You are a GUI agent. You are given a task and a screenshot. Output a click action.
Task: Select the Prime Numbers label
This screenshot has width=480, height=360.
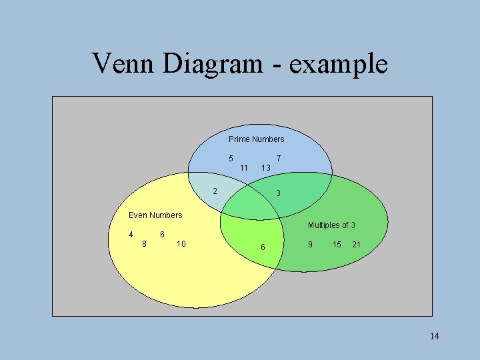tap(256, 139)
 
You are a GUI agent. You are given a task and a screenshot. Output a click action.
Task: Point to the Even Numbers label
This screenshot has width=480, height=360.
tap(155, 215)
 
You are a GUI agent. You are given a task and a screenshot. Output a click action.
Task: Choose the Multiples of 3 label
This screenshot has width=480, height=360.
tap(331, 225)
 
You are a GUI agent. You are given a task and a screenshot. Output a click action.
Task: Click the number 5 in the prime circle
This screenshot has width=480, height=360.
tap(231, 159)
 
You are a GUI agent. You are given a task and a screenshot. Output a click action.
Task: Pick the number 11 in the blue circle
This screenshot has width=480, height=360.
tap(244, 168)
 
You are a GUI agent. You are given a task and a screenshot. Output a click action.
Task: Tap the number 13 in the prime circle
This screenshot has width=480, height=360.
tap(265, 168)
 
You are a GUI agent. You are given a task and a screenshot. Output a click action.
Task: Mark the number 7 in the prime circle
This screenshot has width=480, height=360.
tap(279, 159)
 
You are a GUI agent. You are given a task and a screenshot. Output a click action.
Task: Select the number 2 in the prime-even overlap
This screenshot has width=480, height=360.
tap(215, 192)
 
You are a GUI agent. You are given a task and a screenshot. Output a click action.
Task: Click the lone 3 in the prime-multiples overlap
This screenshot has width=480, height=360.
tap(279, 193)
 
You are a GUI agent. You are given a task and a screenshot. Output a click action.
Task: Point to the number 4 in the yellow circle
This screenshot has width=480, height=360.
tap(131, 235)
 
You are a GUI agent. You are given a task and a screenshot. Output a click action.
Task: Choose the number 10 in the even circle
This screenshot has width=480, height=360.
tap(181, 244)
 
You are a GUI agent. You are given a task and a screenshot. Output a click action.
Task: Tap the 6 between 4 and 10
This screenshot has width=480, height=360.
tap(163, 235)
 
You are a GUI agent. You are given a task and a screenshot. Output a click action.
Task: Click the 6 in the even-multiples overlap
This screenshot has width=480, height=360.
tap(263, 247)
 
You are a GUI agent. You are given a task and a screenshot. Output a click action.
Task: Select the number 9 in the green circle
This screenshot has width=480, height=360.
tap(310, 245)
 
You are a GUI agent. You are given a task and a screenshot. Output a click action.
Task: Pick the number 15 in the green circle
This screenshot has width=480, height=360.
tap(337, 245)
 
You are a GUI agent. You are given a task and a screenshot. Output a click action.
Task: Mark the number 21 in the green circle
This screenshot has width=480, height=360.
tap(357, 245)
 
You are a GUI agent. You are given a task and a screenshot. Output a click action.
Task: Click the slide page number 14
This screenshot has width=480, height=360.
tap(435, 336)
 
